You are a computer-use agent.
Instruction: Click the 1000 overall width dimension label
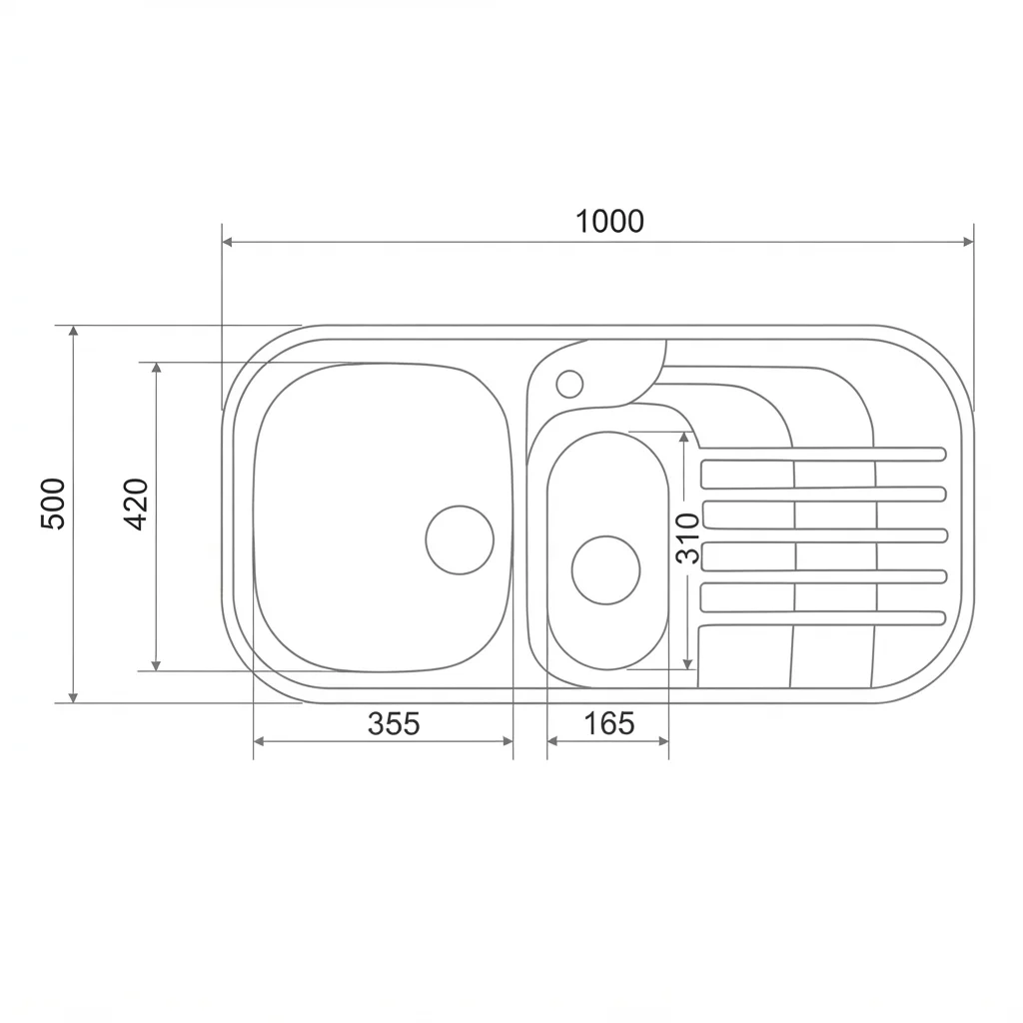[609, 221]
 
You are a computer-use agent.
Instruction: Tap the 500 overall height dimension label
[54, 504]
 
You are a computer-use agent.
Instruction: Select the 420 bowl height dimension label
[136, 504]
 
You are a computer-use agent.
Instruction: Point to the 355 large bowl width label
[394, 723]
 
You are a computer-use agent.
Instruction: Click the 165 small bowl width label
[608, 723]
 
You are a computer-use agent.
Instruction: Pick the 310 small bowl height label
[687, 538]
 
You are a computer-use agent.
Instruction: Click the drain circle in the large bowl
[460, 539]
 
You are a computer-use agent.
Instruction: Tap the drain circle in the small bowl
[605, 570]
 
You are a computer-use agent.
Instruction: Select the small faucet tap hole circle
[569, 384]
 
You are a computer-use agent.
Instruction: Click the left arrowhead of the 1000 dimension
[228, 242]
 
